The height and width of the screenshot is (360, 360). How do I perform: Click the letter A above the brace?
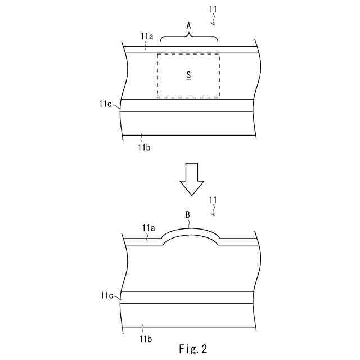188,26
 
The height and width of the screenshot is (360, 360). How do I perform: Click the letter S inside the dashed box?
188,75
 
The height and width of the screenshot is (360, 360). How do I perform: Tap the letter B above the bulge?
188,214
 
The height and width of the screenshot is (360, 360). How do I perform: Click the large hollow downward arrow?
191,178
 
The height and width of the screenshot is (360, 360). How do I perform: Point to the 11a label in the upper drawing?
146,36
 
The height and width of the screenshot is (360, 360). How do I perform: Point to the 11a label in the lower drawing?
147,228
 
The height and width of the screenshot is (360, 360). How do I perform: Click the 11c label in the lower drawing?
108,295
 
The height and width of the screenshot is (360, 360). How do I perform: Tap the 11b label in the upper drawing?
144,147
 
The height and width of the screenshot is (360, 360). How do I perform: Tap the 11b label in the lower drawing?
143,339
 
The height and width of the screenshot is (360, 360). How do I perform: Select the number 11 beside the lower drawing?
213,200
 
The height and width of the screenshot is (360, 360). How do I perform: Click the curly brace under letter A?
189,37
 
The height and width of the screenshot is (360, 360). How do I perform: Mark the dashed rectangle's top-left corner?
157,54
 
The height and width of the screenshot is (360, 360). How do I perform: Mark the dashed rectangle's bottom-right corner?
219,98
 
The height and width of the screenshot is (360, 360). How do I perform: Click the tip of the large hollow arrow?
191,195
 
